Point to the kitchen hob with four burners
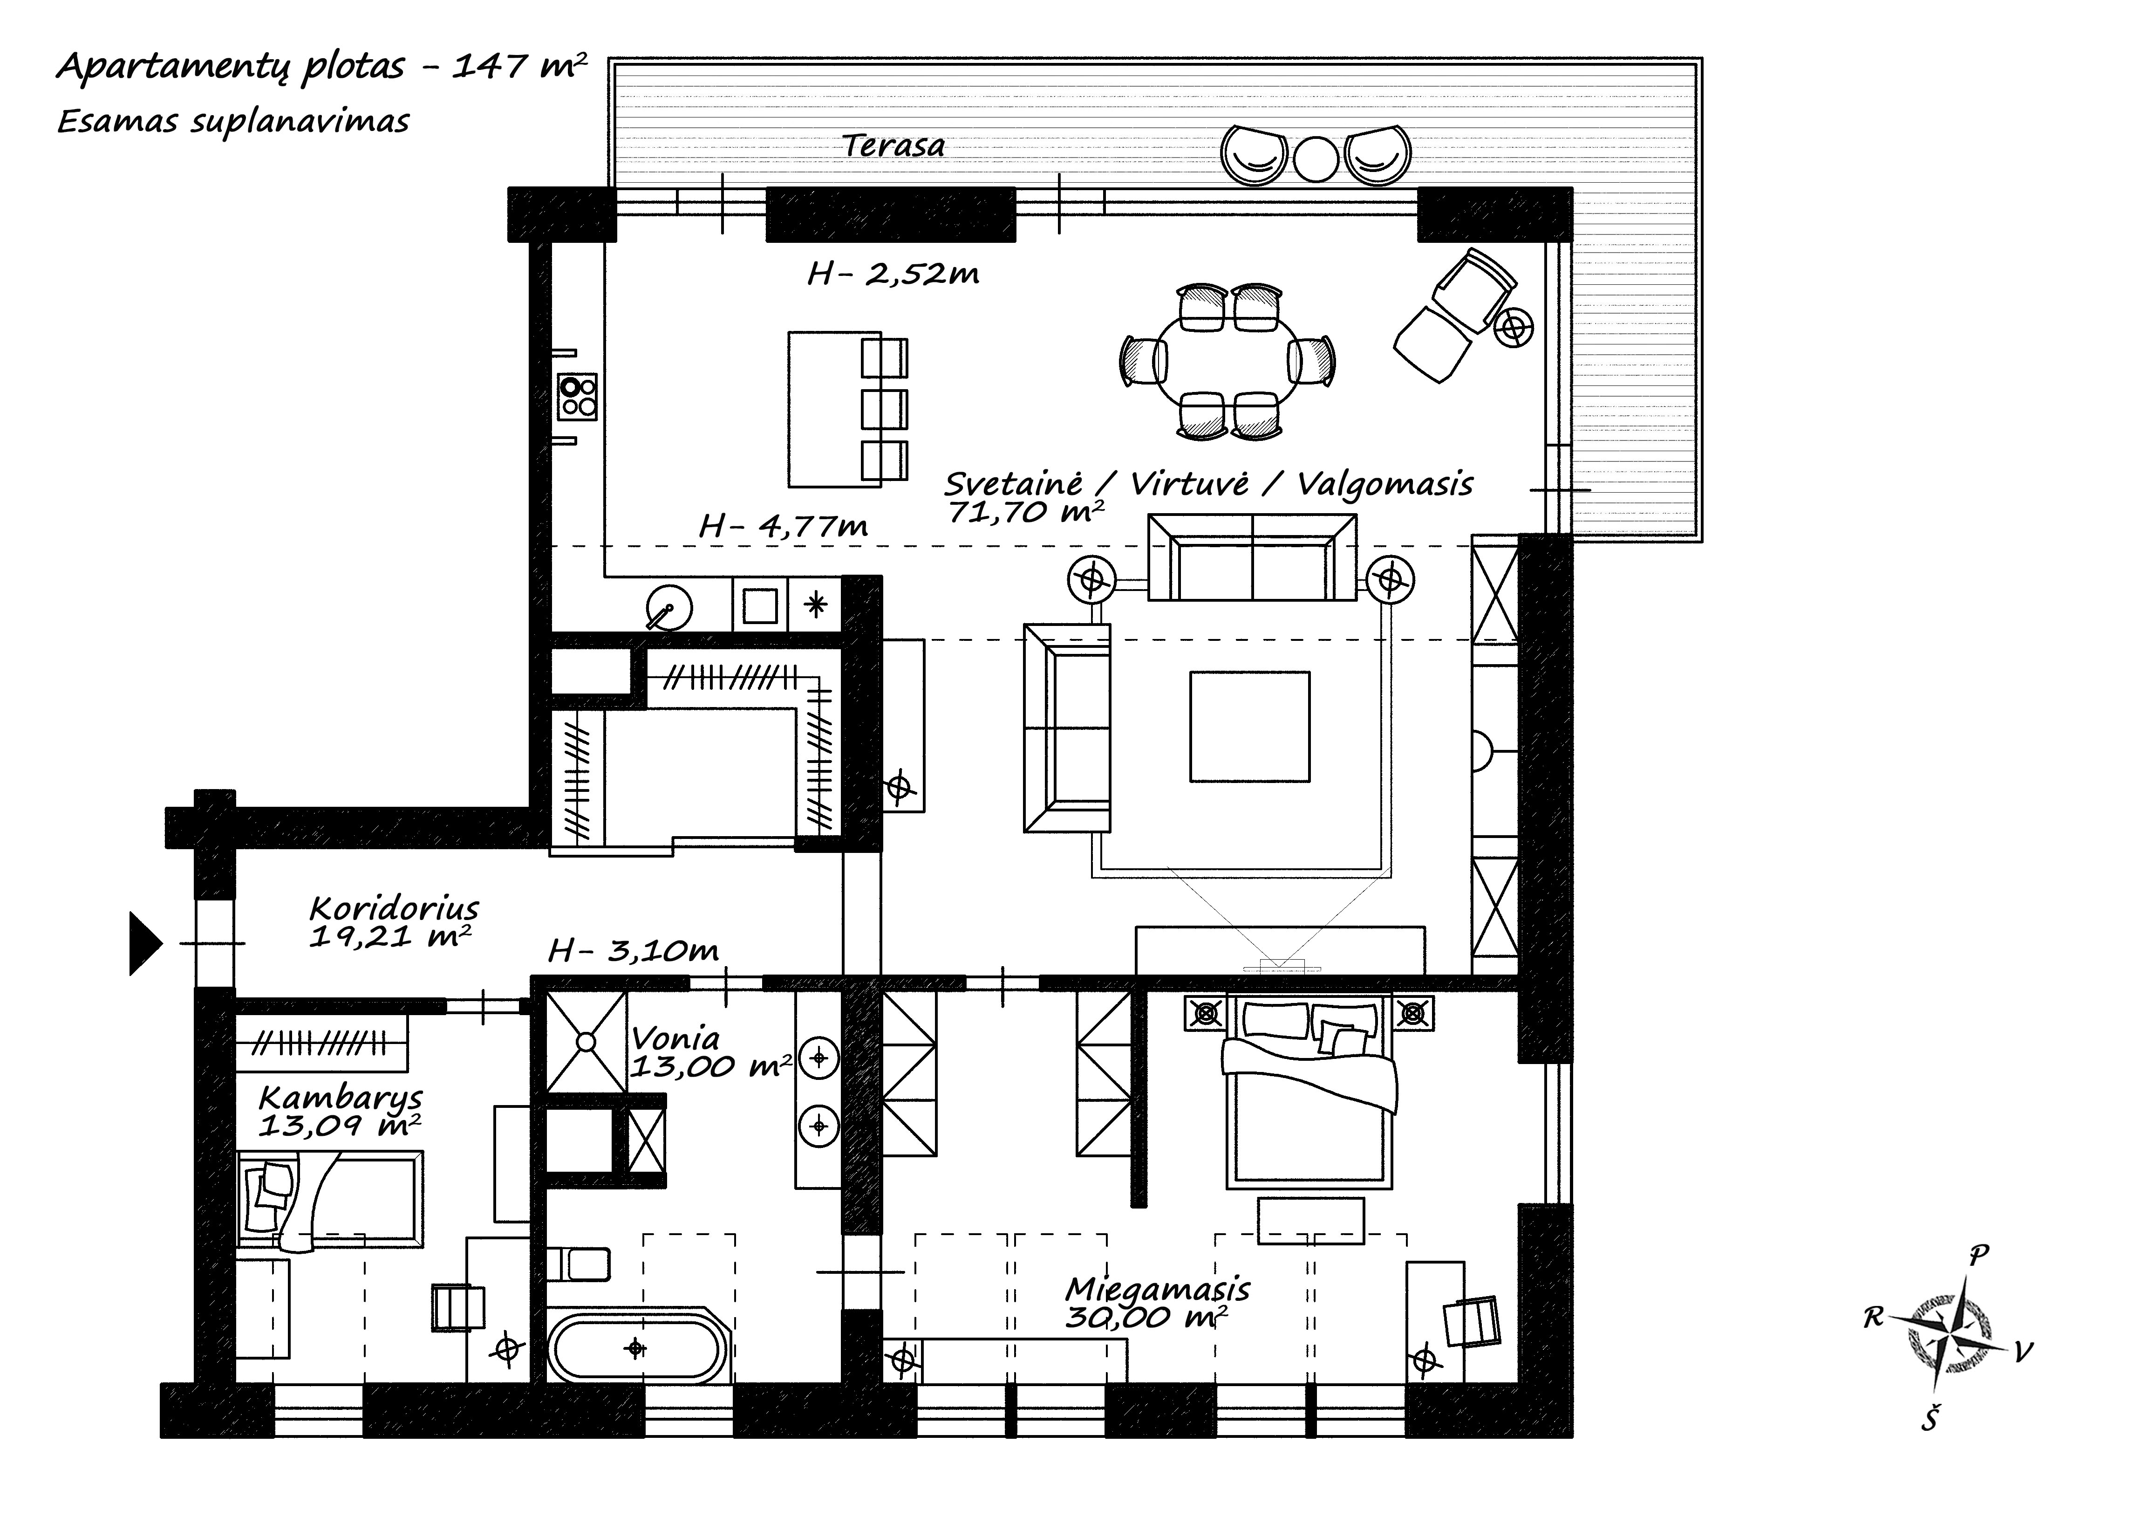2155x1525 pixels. point(576,396)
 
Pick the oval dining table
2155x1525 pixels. point(1228,362)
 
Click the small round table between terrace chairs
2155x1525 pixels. point(1316,158)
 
